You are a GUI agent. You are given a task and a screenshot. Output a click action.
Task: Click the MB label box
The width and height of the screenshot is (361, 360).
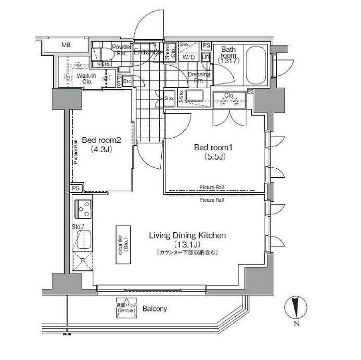[66, 45]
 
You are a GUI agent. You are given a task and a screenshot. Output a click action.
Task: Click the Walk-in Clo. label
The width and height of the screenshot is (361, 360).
[87, 79]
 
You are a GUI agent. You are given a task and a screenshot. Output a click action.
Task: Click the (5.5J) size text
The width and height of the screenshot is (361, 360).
[214, 157]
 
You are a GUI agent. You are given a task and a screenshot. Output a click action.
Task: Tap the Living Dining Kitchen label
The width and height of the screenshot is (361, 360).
[187, 236]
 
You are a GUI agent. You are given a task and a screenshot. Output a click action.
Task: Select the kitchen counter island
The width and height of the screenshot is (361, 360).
[123, 245]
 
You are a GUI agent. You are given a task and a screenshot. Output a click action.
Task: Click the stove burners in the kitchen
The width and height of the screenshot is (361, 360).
[84, 209]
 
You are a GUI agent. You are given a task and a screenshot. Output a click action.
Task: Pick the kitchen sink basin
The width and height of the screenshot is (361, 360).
[84, 239]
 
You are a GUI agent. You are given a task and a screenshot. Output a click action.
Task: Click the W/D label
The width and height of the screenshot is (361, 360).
[189, 57]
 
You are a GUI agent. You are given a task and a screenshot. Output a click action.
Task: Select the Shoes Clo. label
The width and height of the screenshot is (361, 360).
[170, 52]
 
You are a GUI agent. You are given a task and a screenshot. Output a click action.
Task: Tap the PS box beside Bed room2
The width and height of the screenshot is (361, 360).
[76, 188]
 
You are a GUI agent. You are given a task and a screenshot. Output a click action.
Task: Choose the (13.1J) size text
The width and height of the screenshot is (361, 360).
[187, 244]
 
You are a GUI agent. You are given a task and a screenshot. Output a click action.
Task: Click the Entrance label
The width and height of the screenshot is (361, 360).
[147, 52]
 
